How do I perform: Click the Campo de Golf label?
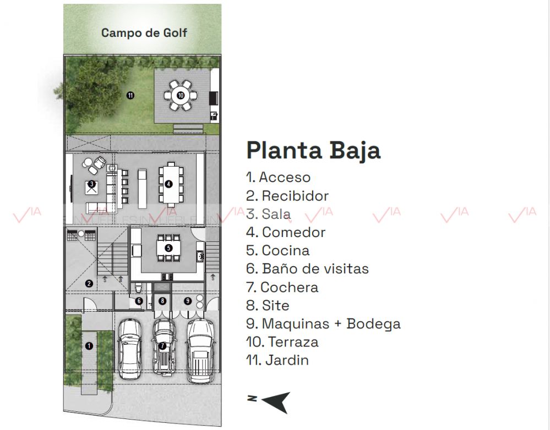pyautogui.click(x=144, y=32)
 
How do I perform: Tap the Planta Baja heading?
pyautogui.click(x=313, y=151)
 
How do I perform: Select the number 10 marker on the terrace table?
pyautogui.click(x=181, y=95)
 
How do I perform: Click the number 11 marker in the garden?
pyautogui.click(x=130, y=95)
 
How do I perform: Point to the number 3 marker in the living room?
pyautogui.click(x=91, y=184)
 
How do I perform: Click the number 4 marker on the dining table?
pyautogui.click(x=168, y=184)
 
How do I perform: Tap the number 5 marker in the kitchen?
pyautogui.click(x=168, y=248)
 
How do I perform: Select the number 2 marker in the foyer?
pyautogui.click(x=89, y=284)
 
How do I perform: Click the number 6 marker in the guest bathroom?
pyautogui.click(x=139, y=301)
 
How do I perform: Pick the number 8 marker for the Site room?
pyautogui.click(x=162, y=301)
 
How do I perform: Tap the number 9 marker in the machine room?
pyautogui.click(x=188, y=301)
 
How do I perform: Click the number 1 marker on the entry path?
pyautogui.click(x=89, y=346)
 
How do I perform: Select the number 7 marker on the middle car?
pyautogui.click(x=162, y=346)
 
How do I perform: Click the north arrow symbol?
pyautogui.click(x=276, y=402)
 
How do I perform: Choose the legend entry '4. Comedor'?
pyautogui.click(x=286, y=233)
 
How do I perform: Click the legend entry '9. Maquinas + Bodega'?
pyautogui.click(x=323, y=324)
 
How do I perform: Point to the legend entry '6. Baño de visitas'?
pyautogui.click(x=308, y=269)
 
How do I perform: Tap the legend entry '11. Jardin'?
pyautogui.click(x=277, y=360)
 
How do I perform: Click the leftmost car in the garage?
pyautogui.click(x=130, y=349)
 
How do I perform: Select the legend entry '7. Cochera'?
pyautogui.click(x=282, y=288)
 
